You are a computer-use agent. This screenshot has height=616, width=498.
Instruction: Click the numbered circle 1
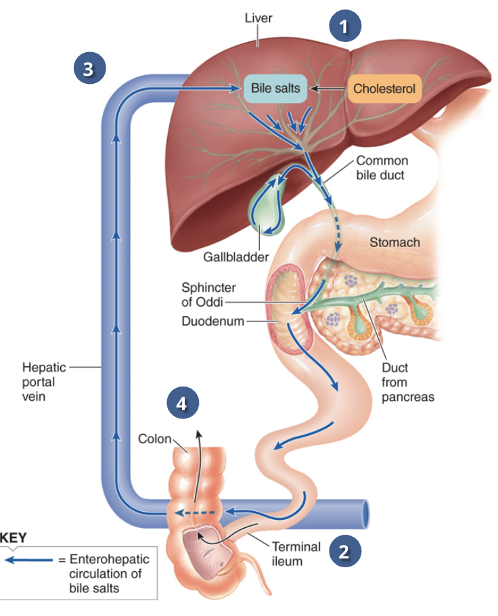tap(345, 27)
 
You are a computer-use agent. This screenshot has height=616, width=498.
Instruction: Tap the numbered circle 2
tap(345, 551)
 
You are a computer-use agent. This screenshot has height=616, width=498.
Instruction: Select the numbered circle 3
tap(88, 68)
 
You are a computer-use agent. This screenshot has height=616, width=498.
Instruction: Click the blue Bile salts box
tap(275, 88)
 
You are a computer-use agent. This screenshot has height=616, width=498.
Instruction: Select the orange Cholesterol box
tap(384, 88)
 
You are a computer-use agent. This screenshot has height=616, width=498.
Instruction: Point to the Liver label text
tap(258, 18)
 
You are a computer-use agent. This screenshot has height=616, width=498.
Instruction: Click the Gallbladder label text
tap(236, 257)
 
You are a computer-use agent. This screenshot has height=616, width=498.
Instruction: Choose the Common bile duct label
tap(382, 168)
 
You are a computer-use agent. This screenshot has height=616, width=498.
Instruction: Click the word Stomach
tap(394, 242)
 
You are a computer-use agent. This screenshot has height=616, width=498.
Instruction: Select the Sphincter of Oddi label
tap(208, 294)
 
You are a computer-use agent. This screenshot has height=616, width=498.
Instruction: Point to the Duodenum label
tap(212, 321)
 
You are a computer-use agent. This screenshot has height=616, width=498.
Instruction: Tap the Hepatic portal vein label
tap(44, 382)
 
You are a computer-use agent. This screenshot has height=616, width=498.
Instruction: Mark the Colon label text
tap(154, 439)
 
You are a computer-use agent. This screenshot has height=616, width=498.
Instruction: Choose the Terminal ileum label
tap(296, 554)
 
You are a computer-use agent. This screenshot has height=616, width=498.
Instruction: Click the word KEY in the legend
tap(14, 538)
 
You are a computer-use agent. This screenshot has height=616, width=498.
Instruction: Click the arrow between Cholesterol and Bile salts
tap(328, 88)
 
